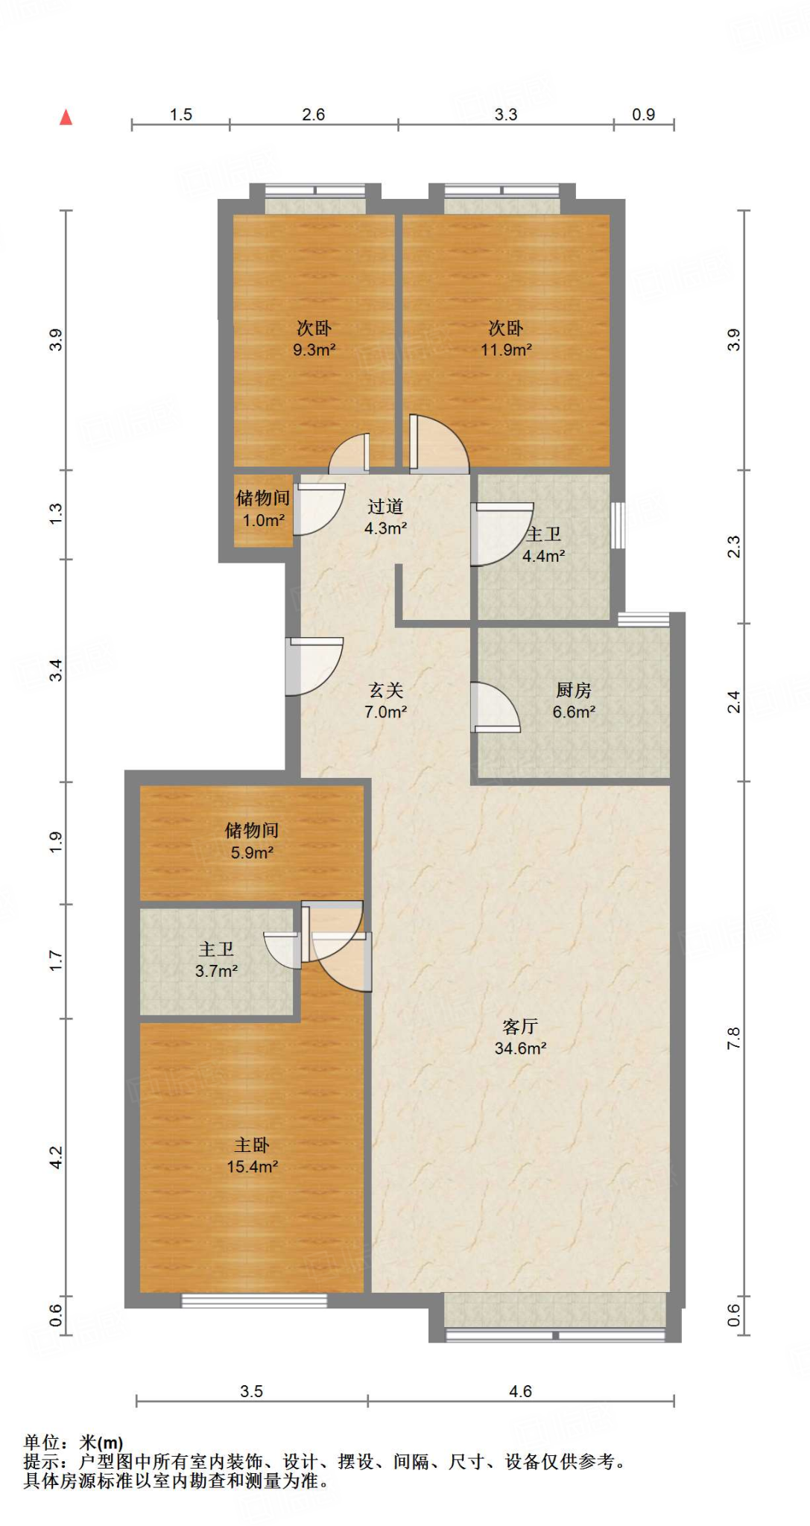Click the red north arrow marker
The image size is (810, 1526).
(66, 117)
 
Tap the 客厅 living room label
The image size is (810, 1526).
(520, 1026)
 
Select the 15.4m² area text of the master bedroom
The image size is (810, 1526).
(253, 1166)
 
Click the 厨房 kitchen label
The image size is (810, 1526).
(574, 690)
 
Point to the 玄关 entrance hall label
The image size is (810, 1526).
(385, 690)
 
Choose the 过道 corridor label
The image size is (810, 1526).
(385, 507)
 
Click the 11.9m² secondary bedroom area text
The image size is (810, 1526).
(506, 349)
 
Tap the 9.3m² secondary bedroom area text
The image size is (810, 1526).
(314, 349)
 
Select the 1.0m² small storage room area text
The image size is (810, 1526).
(264, 520)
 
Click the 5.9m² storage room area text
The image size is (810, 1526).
(252, 852)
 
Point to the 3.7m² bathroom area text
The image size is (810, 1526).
(216, 971)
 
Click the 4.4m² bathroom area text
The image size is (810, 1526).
(543, 555)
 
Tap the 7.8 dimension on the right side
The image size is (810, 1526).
(734, 1038)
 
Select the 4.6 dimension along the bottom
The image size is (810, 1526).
(520, 1391)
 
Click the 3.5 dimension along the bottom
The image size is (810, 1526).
(252, 1391)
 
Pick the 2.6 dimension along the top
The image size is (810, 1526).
(314, 114)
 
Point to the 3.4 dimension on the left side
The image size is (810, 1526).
(56, 670)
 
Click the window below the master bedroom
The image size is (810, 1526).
(254, 1301)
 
